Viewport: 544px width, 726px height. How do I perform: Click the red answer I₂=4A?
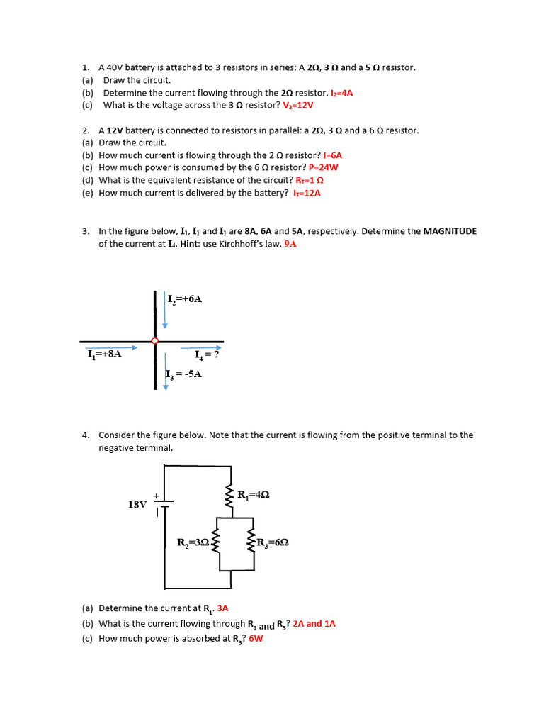(341, 93)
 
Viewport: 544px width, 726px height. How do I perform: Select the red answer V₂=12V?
(298, 105)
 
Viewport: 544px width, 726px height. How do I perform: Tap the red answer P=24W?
(324, 167)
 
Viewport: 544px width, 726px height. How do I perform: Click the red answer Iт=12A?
(307, 193)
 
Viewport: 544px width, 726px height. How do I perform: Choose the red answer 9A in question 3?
(290, 244)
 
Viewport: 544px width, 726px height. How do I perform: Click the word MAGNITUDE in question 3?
(450, 231)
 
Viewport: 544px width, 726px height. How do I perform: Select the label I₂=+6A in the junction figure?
(186, 299)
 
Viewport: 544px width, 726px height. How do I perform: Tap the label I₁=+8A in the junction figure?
(104, 354)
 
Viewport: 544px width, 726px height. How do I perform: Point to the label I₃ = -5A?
(184, 374)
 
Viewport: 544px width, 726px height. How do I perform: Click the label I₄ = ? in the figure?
(207, 354)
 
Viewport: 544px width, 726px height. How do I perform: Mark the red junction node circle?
(155, 341)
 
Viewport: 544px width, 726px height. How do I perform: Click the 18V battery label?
(137, 505)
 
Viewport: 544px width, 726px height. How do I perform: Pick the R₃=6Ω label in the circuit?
(271, 543)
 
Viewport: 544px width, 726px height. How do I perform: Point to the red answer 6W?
(256, 638)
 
